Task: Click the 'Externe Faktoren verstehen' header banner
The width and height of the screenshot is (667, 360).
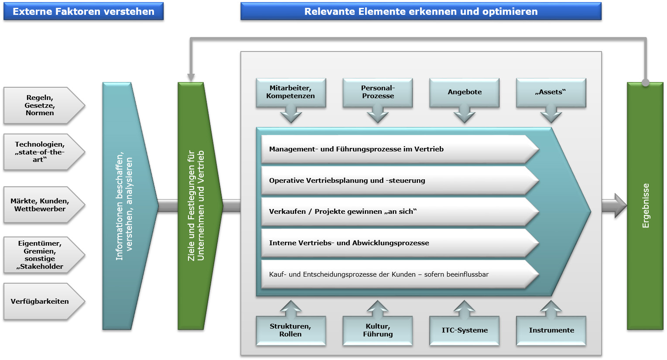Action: [x=83, y=12]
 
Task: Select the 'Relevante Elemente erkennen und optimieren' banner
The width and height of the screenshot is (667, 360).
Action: [x=421, y=12]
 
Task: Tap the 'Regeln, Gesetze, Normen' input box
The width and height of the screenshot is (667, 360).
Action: [x=40, y=106]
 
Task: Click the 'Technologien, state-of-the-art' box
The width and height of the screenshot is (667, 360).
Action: [x=40, y=152]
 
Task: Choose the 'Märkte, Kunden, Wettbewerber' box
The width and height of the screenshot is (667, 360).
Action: [x=40, y=205]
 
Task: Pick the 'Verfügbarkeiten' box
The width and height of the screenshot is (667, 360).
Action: [x=40, y=302]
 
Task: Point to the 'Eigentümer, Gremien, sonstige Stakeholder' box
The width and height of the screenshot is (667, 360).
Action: [x=40, y=255]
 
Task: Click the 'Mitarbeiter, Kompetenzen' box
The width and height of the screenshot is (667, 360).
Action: [x=291, y=93]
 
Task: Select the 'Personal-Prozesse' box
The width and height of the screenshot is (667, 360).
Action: [x=378, y=93]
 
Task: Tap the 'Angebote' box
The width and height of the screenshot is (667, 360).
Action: [x=465, y=93]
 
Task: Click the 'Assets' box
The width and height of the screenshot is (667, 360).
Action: [x=551, y=93]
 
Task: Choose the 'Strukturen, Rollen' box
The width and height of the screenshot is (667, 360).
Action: [x=291, y=330]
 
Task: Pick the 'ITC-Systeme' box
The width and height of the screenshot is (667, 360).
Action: [x=465, y=330]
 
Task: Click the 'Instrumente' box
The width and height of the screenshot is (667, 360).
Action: [x=551, y=330]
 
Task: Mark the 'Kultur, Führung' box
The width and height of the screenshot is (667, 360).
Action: [x=378, y=330]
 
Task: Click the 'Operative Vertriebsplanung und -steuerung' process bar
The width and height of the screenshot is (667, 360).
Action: [x=393, y=181]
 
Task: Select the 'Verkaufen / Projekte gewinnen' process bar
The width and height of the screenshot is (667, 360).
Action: [x=393, y=212]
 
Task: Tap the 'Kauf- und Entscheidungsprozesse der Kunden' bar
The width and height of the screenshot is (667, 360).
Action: [x=393, y=274]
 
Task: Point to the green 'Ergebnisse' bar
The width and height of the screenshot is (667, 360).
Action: [x=645, y=206]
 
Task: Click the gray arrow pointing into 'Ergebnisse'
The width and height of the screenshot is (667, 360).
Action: [x=614, y=206]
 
